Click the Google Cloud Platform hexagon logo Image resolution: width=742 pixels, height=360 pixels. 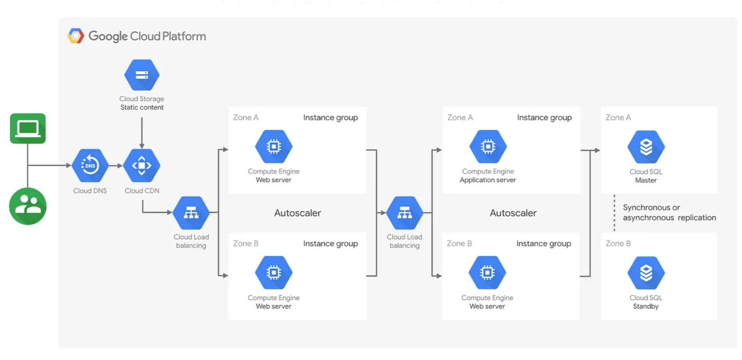click(75, 36)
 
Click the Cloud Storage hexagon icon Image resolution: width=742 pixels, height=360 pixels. click(142, 75)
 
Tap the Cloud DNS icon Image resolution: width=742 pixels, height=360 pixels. click(90, 165)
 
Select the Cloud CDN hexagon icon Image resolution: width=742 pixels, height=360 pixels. click(142, 165)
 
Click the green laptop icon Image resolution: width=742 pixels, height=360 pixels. click(28, 128)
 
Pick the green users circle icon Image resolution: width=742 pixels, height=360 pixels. click(28, 206)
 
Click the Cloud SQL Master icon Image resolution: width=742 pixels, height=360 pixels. click(646, 147)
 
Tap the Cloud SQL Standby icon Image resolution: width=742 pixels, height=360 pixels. click(646, 273)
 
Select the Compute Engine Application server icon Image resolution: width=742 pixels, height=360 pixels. click(488, 147)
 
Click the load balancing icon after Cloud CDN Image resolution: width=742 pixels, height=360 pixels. click(191, 213)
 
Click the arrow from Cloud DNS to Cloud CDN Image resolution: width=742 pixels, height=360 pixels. click(116, 165)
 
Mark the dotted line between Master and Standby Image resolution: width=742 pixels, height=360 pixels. click(614, 213)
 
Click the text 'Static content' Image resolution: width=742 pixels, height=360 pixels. click(142, 107)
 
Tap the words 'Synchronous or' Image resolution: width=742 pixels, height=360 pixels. click(651, 207)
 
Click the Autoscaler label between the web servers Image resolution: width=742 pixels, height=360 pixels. click(298, 213)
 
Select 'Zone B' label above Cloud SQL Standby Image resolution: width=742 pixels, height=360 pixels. click(618, 243)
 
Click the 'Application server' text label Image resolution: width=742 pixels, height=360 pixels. click(488, 180)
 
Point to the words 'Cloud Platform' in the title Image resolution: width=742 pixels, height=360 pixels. click(168, 36)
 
